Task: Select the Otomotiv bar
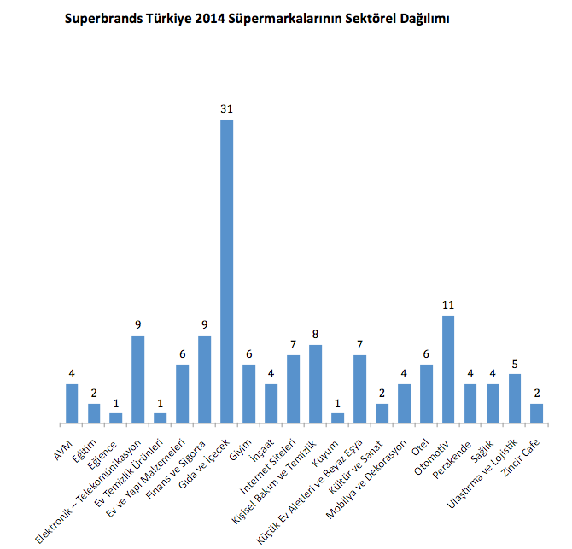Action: pyautogui.click(x=448, y=369)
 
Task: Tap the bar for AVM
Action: pyautogui.click(x=72, y=403)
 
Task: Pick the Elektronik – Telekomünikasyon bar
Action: pyautogui.click(x=137, y=379)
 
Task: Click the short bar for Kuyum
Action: pyautogui.click(x=337, y=418)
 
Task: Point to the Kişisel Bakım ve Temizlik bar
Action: pyautogui.click(x=315, y=383)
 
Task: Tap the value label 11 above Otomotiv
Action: pyautogui.click(x=448, y=306)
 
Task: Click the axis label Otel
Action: pyautogui.click(x=418, y=436)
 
